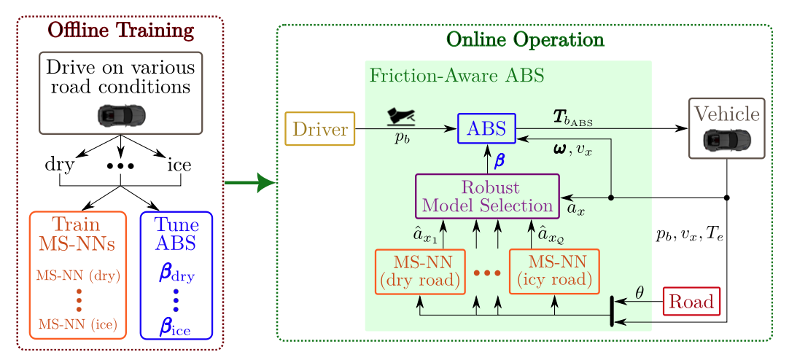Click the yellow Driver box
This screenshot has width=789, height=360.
319,129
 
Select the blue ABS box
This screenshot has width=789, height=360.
486,129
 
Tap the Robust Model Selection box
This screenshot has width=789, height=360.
487,195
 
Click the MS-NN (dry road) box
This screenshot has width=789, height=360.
419,272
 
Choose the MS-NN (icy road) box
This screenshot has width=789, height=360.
553,272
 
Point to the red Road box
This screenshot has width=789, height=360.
691,301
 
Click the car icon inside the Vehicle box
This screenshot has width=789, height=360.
726,138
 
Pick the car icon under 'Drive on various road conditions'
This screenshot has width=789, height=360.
120,114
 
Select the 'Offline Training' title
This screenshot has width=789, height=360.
120,31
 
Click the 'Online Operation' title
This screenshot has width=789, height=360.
524,39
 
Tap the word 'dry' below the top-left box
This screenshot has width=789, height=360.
60,165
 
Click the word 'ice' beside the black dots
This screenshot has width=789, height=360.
179,165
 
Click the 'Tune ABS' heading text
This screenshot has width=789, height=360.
176,234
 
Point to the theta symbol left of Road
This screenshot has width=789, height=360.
639,293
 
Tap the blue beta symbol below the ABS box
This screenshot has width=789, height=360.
499,160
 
